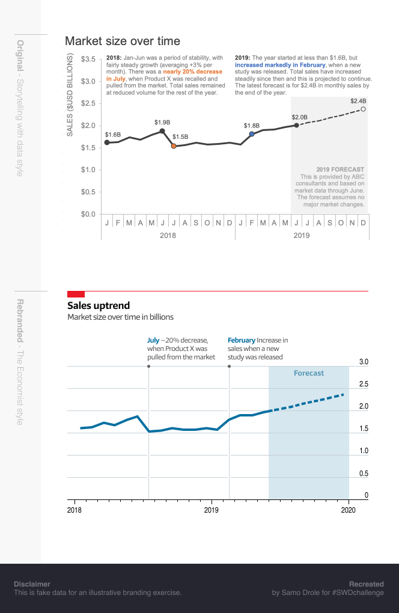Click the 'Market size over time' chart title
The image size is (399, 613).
click(x=123, y=41)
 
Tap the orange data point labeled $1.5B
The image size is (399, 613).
click(x=174, y=146)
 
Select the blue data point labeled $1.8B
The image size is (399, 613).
click(x=252, y=134)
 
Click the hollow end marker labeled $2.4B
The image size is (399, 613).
click(x=363, y=109)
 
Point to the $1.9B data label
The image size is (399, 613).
click(x=162, y=122)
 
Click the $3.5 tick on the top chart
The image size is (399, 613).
click(x=88, y=59)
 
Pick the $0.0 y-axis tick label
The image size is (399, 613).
click(x=88, y=214)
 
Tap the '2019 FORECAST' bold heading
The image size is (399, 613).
click(x=340, y=169)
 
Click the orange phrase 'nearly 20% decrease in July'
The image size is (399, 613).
click(x=163, y=75)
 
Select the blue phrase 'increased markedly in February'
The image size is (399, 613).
click(x=280, y=64)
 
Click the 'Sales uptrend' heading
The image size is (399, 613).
click(x=99, y=306)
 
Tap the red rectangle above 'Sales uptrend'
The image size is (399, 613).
click(x=76, y=294)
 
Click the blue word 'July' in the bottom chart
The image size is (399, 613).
click(x=153, y=340)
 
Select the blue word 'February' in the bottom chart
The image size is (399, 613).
click(x=241, y=340)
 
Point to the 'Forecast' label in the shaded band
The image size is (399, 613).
click(x=309, y=373)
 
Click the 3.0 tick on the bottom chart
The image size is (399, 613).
click(x=364, y=362)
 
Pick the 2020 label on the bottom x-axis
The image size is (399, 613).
click(x=349, y=510)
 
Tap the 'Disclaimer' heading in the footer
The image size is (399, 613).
click(x=32, y=584)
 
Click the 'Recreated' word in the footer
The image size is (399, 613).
click(x=366, y=584)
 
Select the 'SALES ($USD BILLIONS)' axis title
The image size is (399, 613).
click(x=70, y=95)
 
